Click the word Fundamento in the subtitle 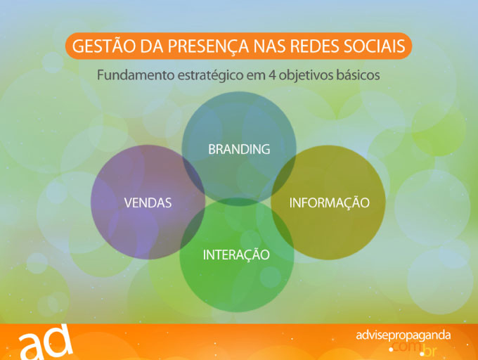point(136,75)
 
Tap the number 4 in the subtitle point(272,75)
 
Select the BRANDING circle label point(239,149)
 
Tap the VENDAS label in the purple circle point(148,202)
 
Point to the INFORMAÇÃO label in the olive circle point(329,202)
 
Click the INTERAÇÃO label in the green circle point(236,255)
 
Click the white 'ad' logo point(46,342)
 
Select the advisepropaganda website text point(403,335)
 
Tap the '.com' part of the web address point(405,347)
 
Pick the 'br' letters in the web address point(429,351)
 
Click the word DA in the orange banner point(151,46)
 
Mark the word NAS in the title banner point(269,46)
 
